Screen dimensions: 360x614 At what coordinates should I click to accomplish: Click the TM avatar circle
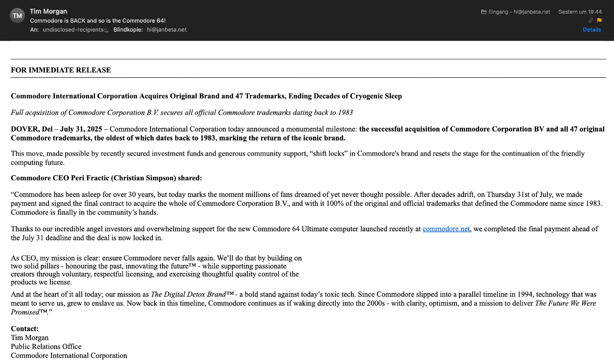17,16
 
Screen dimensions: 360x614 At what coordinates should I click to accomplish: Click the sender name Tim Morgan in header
49,11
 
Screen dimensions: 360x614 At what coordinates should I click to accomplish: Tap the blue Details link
592,30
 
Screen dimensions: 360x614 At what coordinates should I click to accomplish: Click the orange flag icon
599,20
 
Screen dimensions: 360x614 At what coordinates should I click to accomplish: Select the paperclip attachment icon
590,20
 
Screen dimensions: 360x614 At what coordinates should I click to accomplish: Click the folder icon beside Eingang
484,12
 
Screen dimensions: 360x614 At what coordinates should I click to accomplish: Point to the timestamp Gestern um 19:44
580,12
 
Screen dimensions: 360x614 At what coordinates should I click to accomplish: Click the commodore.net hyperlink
446,229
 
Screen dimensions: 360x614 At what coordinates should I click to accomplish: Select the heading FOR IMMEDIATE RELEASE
61,70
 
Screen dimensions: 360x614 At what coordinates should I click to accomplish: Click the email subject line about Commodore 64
98,21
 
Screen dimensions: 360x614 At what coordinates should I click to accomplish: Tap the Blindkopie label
128,30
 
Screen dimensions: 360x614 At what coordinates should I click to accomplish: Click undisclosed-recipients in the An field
75,30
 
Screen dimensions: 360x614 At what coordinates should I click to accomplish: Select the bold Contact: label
25,329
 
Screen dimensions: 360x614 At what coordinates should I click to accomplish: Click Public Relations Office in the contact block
46,346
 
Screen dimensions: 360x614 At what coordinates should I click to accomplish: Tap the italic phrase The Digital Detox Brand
188,294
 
